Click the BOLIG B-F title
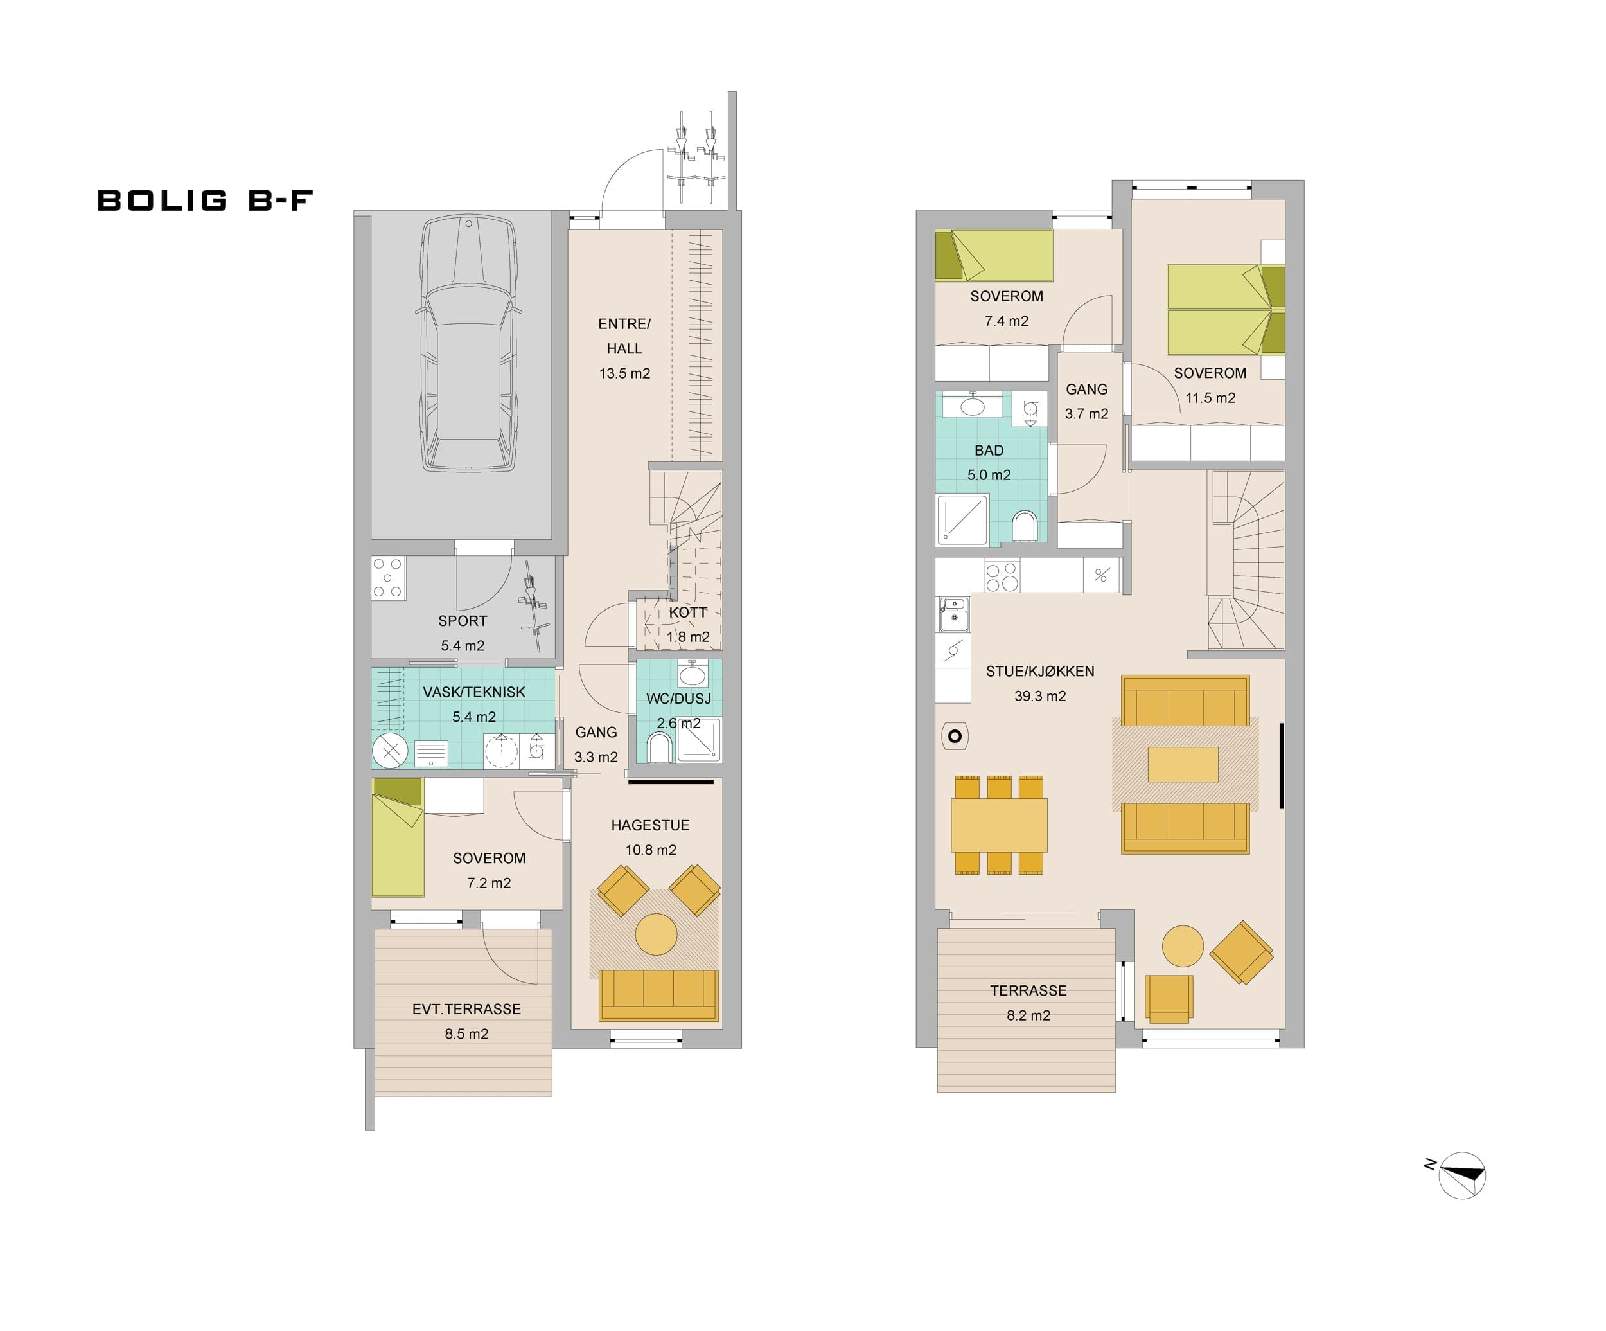205,201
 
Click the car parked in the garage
468,343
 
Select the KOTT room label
687,612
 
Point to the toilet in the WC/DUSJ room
659,747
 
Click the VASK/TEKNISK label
473,692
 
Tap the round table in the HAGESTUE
656,934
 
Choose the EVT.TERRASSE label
466,1009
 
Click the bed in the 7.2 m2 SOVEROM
398,837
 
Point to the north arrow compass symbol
1461,1175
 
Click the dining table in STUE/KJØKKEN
999,825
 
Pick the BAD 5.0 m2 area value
988,475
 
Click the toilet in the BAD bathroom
1024,526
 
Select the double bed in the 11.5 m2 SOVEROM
1226,310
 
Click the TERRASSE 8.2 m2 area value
1028,1015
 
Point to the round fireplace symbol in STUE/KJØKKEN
955,737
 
